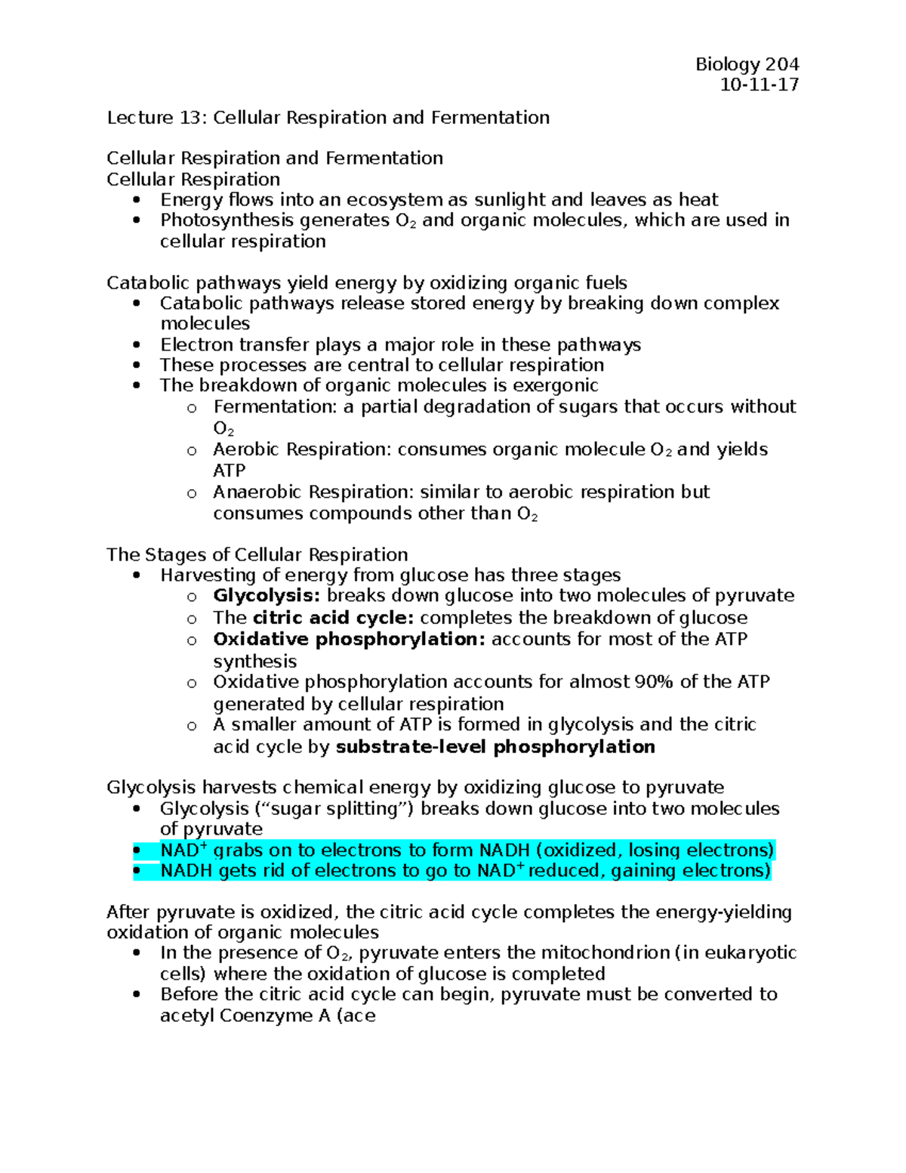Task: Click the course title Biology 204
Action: coord(747,64)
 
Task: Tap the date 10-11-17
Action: coord(759,85)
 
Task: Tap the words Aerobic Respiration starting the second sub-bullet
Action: coord(300,449)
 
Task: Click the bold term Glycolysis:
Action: coord(267,596)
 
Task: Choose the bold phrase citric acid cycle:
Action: coord(333,618)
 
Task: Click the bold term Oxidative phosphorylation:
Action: coord(349,639)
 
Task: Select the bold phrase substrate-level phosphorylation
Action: coord(495,747)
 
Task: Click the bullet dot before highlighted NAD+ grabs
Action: coord(137,850)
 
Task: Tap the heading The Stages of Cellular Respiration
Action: coord(257,554)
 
